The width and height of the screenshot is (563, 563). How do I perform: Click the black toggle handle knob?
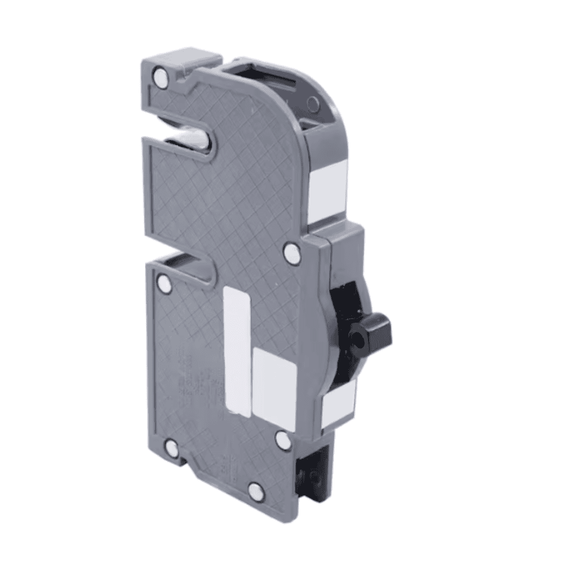pos(374,329)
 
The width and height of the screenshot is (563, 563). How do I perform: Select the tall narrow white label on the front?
pos(237,350)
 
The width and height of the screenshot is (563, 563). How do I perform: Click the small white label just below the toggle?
pos(338,403)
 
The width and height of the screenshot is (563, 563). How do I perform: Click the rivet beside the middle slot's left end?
pos(166,284)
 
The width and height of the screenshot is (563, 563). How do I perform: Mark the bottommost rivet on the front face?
pos(255,489)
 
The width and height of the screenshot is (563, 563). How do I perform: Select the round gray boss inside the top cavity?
pos(312,104)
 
